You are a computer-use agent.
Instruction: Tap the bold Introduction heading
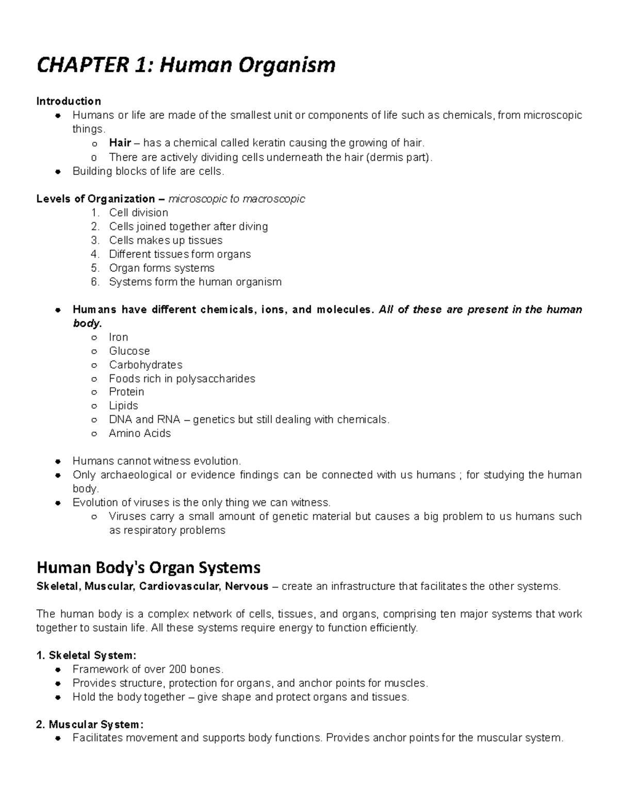[x=68, y=101]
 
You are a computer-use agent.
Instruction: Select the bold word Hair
[x=120, y=143]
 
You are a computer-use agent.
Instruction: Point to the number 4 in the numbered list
[x=94, y=254]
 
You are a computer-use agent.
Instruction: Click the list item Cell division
[x=138, y=212]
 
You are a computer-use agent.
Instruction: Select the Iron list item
[x=118, y=337]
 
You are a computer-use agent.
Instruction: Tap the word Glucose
[x=129, y=351]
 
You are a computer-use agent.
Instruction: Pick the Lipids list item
[x=123, y=406]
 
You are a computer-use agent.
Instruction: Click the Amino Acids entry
[x=139, y=434]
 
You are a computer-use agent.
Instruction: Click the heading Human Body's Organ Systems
[x=149, y=568]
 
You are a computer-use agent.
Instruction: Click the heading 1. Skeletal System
[x=86, y=656]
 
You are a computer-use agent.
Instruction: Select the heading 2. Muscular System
[x=90, y=725]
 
